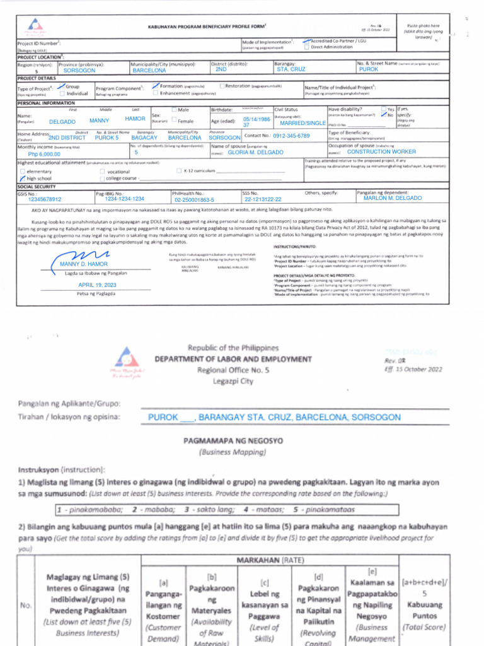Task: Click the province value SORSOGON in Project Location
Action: tap(79, 71)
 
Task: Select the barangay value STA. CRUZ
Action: tap(291, 69)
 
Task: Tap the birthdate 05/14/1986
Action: tap(256, 119)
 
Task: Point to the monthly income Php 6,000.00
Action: tap(44, 154)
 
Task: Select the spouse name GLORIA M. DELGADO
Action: tap(255, 153)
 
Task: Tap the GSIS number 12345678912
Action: tap(45, 199)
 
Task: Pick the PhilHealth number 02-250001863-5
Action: tap(195, 200)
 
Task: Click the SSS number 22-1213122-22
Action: tap(263, 199)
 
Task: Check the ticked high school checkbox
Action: tap(23, 179)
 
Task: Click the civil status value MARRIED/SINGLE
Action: tap(303, 123)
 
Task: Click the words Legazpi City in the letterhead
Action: tap(242, 381)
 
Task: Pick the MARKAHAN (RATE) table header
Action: tap(270, 560)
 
